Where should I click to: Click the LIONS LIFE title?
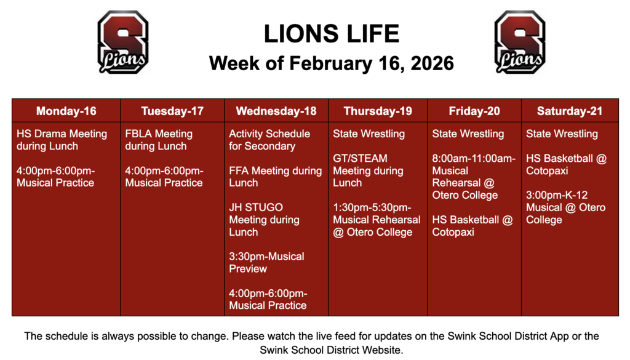331,34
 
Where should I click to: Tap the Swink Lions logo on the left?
123,42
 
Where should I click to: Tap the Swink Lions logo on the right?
520,42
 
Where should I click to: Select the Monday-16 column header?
66,111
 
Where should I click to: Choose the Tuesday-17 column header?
172,111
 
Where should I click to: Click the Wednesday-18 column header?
276,111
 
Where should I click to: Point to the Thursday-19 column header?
378,111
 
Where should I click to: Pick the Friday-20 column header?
474,111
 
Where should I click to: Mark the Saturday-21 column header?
570,111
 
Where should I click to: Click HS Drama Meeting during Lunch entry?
62,140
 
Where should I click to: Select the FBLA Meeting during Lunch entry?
159,140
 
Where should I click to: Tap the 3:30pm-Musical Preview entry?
266,263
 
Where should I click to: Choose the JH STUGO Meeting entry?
265,220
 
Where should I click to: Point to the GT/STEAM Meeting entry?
368,170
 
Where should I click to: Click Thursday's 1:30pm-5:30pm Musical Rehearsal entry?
377,220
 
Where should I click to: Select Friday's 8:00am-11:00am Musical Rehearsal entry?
474,177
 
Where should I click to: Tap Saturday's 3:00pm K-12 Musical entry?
565,207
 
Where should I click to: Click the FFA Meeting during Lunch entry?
275,177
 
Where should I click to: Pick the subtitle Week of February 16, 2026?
331,63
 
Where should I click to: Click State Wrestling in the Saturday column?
562,134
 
